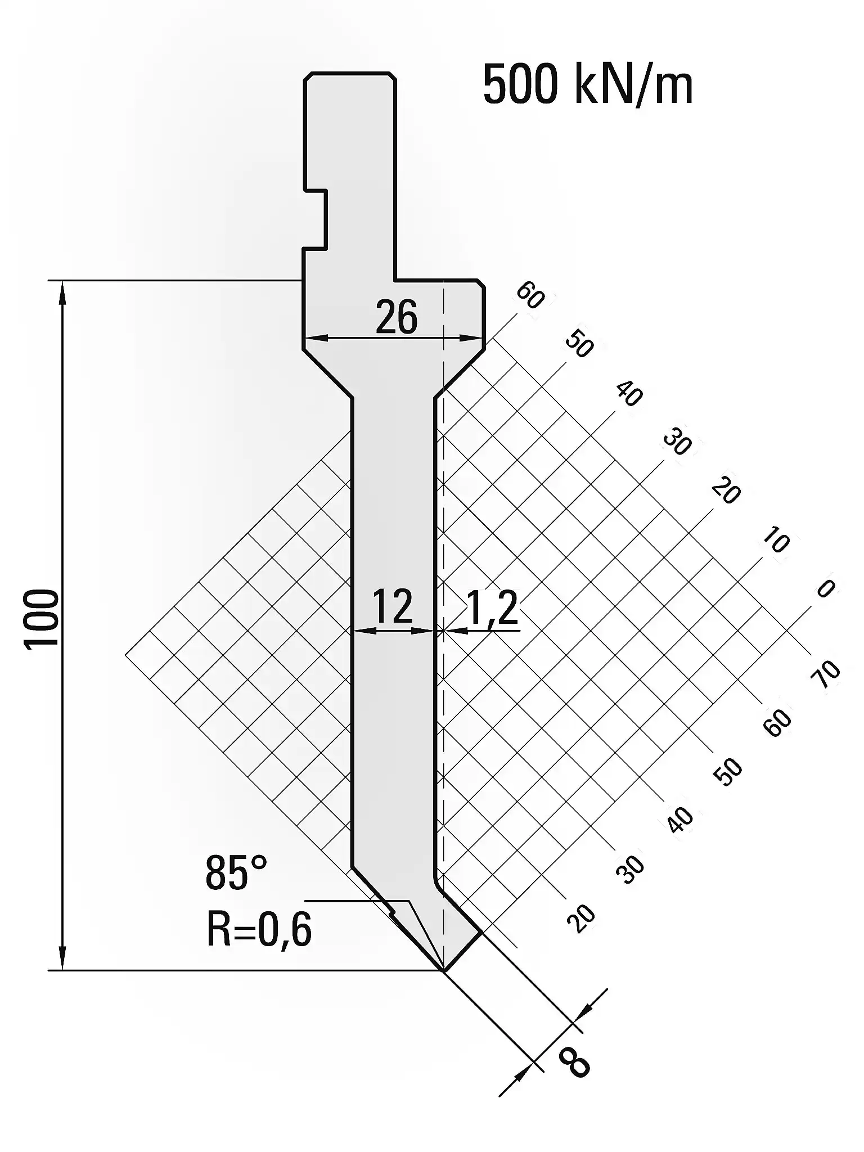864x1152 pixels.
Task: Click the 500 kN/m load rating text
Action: pyautogui.click(x=588, y=85)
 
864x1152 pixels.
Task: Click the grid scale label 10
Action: pyautogui.click(x=776, y=541)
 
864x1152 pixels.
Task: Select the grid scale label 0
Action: pyautogui.click(x=825, y=588)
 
